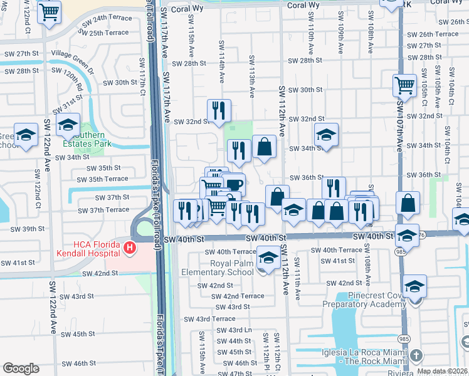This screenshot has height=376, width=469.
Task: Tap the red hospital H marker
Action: (x=130, y=249)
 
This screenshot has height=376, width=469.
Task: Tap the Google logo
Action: (x=21, y=368)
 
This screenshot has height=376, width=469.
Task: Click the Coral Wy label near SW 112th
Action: (x=303, y=5)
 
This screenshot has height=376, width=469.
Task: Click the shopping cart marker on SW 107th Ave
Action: (x=405, y=85)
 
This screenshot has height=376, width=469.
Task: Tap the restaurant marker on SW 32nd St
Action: (x=219, y=110)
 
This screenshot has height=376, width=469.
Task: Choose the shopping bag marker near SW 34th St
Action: (x=265, y=147)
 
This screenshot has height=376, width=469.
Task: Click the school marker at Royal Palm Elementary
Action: (x=268, y=258)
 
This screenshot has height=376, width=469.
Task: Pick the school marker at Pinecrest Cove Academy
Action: (x=414, y=286)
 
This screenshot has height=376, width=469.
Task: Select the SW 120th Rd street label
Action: (x=73, y=80)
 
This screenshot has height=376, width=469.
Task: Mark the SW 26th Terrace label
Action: (x=433, y=34)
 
